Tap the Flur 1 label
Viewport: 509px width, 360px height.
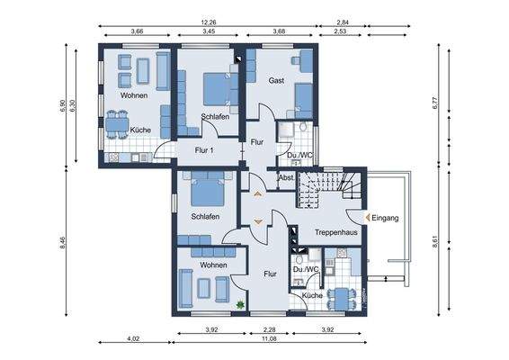201,150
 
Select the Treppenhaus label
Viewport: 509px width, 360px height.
336,232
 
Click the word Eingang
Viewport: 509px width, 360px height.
384,218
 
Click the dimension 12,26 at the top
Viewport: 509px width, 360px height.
208,22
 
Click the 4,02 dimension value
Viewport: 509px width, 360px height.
134,339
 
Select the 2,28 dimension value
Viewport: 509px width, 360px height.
267,329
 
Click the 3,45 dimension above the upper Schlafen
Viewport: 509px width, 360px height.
208,32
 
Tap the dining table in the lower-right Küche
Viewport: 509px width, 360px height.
342,296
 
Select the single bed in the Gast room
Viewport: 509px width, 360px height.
303,99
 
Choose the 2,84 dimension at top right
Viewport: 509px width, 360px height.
342,22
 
